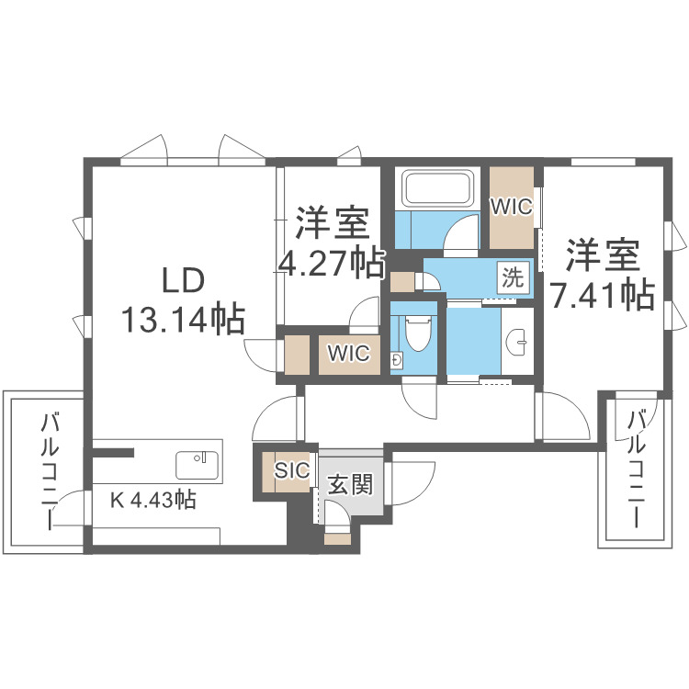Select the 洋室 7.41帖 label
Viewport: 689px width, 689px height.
pyautogui.click(x=602, y=273)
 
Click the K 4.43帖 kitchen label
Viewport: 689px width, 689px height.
pyautogui.click(x=153, y=500)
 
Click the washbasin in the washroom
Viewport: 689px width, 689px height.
pyautogui.click(x=518, y=342)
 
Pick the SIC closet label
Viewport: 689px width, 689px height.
pyautogui.click(x=291, y=470)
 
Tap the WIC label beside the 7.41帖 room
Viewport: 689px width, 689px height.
pyautogui.click(x=511, y=208)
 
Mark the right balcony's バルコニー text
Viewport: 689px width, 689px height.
pyautogui.click(x=636, y=469)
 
